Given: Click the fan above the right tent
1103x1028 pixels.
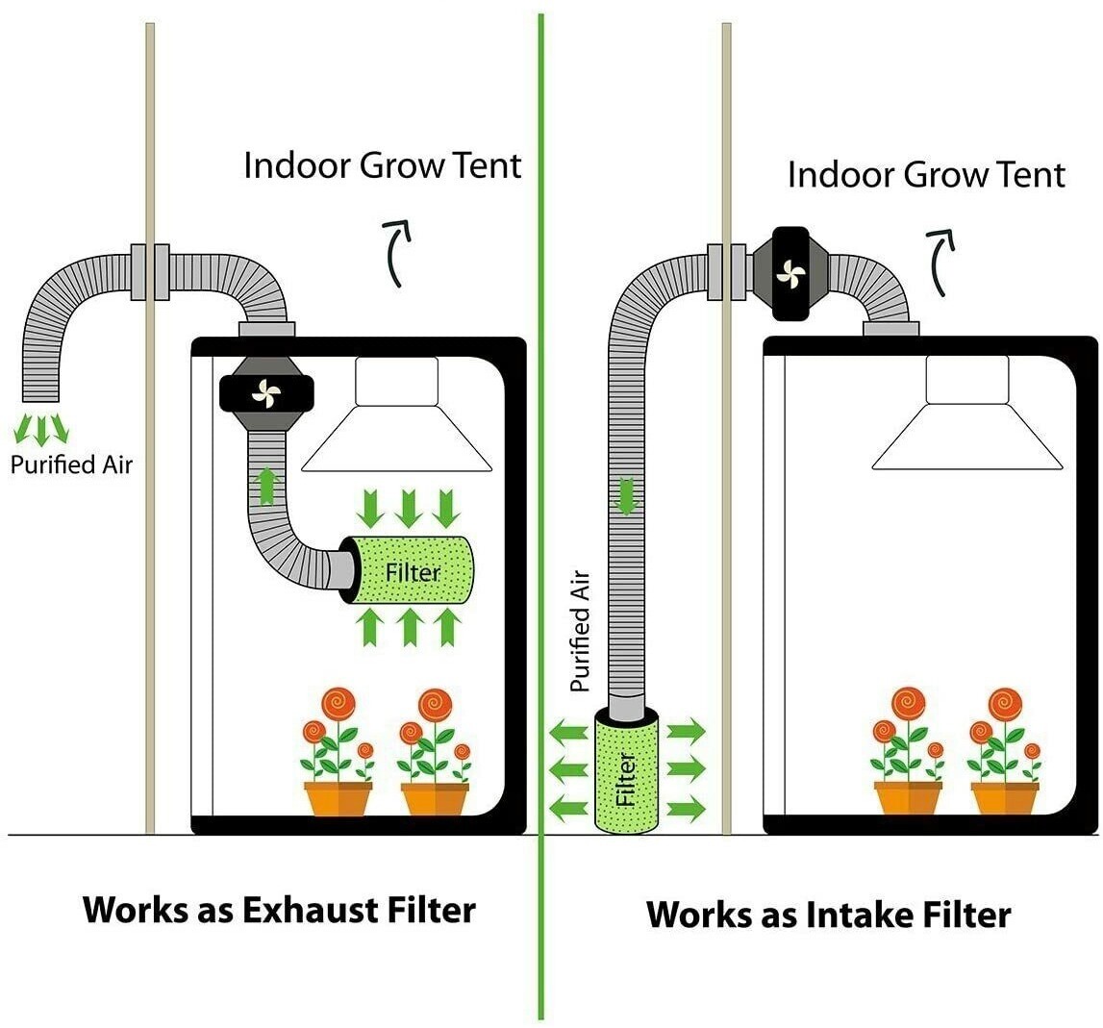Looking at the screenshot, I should (x=790, y=274).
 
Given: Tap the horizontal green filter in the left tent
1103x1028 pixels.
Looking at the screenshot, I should (x=411, y=571).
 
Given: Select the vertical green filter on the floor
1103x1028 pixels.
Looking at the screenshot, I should (x=626, y=769).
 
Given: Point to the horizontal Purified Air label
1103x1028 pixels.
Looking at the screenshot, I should (x=71, y=464).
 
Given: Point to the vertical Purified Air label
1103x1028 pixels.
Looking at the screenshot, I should (x=579, y=631).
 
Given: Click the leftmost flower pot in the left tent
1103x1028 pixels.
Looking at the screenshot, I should (x=338, y=798).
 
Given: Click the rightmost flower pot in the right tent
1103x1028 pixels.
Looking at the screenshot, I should (x=1004, y=798).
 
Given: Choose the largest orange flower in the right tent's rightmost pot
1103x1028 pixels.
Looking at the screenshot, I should (x=1004, y=704).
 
